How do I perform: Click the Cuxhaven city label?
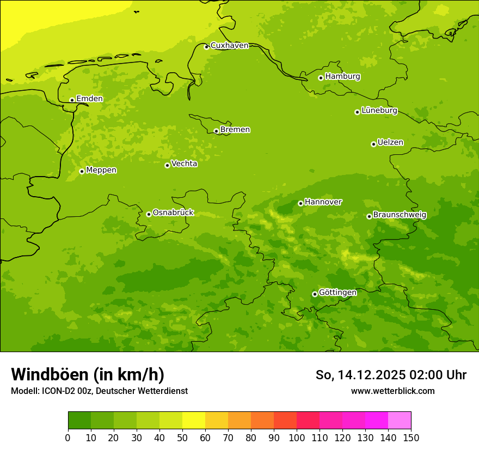(x=229, y=46)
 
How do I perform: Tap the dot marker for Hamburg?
(x=321, y=78)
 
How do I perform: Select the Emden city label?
(x=89, y=99)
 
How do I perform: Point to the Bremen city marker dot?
(x=216, y=131)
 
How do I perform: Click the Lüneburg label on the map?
(x=379, y=111)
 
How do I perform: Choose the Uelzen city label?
(x=390, y=143)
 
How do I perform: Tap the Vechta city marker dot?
(x=167, y=165)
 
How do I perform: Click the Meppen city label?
(x=101, y=170)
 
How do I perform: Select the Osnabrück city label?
(x=173, y=213)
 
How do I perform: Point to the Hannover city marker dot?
(x=300, y=203)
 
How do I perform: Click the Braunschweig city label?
(x=400, y=215)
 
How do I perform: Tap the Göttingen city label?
(x=337, y=293)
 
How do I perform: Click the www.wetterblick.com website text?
(x=392, y=391)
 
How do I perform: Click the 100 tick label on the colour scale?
(x=297, y=437)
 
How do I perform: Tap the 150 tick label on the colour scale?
(x=411, y=437)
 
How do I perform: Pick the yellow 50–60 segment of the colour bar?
(x=194, y=421)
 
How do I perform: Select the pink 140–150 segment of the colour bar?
(x=400, y=421)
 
